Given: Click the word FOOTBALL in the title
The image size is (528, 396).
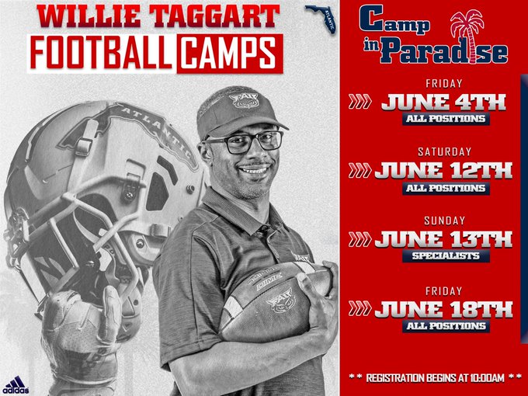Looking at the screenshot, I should (102, 52).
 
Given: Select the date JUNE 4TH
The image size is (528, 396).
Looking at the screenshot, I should (443, 102).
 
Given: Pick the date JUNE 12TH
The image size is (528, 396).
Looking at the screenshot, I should (443, 170).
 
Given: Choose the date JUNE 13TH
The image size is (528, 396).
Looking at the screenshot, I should (443, 238).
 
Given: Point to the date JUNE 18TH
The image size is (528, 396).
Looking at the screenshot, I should (443, 308).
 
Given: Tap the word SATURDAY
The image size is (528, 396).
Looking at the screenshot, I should (443, 151).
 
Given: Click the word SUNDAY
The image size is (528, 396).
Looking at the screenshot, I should (443, 220).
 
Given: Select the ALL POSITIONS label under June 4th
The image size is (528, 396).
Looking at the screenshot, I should (444, 120).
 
